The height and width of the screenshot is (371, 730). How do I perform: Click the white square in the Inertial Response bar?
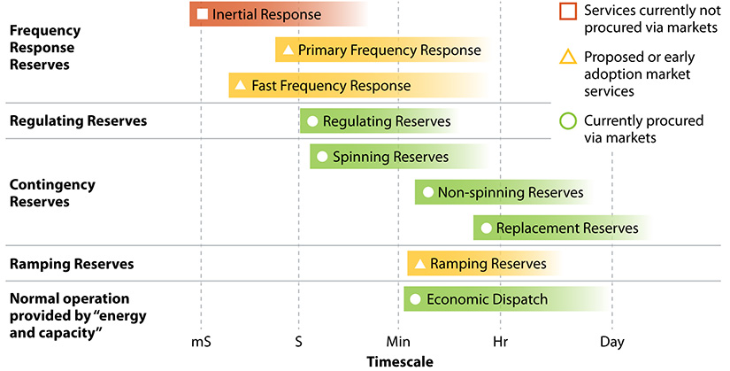(x=203, y=14)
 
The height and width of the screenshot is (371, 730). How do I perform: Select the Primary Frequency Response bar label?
(x=389, y=50)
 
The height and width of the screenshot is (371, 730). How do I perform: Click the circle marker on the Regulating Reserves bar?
(x=312, y=121)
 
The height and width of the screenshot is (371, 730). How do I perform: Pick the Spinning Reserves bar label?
(x=390, y=157)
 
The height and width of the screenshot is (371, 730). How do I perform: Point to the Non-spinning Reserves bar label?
(x=511, y=192)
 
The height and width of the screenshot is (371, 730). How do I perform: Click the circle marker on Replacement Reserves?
(x=485, y=228)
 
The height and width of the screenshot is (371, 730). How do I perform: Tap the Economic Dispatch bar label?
(x=487, y=299)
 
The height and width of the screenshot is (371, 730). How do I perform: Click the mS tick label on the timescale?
(x=202, y=342)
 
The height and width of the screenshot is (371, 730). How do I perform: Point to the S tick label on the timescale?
(x=298, y=342)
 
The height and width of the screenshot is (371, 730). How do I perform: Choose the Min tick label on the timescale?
(x=398, y=342)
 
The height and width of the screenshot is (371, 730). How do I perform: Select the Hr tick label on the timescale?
(x=501, y=342)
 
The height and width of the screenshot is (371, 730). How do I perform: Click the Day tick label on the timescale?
(x=611, y=342)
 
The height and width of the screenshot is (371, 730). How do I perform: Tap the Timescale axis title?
(x=400, y=361)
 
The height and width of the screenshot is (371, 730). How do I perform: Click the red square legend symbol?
(x=568, y=12)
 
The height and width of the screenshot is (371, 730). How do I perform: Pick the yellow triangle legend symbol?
(x=568, y=58)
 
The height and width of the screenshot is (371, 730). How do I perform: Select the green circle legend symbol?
(x=568, y=121)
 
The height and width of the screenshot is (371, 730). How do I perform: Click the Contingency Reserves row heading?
(x=39, y=193)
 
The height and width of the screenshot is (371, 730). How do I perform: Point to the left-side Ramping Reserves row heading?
(x=71, y=264)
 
